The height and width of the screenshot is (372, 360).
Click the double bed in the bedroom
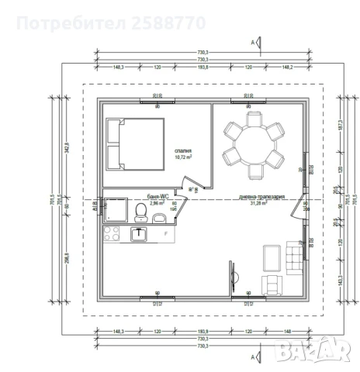(123, 144)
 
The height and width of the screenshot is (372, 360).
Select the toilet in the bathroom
(140, 211)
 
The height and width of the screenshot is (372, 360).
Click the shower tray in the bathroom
(116, 208)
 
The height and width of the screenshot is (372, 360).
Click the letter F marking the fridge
(166, 233)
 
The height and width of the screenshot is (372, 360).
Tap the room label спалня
(184, 151)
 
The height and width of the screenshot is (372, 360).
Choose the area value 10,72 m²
(184, 157)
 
